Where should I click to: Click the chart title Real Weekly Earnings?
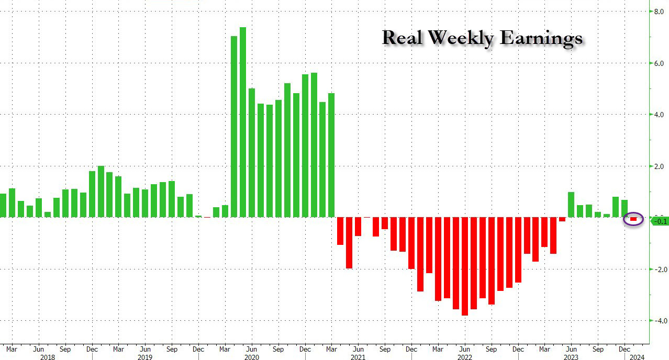pos(482,38)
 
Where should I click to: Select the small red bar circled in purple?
pos(633,219)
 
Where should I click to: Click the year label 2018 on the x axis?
pos(47,356)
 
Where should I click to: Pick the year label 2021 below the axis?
pos(358,356)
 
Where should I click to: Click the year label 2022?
pos(464,356)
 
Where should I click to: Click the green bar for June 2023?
pos(571,205)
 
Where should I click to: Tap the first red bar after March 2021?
pos(340,231)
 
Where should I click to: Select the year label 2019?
pos(145,356)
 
